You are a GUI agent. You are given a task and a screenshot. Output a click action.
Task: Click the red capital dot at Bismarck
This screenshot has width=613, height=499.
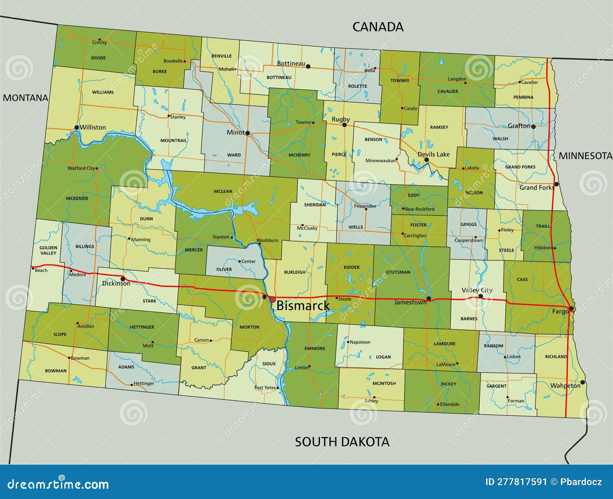pos(272,299)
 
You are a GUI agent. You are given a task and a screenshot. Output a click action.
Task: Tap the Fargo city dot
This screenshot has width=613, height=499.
pos(571,308)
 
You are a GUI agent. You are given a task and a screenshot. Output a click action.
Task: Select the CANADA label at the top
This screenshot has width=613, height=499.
pos(378,27)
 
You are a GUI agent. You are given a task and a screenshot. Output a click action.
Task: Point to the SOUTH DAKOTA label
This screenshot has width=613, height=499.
pos(342,442)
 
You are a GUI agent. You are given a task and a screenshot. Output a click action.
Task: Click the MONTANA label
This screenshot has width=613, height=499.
pos(25,98)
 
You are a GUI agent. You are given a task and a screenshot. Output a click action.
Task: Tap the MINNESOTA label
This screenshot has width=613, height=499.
pos(585,156)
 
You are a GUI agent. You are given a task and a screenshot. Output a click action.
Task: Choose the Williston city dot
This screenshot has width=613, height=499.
pos(77,127)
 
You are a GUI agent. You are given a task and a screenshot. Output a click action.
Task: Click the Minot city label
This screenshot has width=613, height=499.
pos(235,132)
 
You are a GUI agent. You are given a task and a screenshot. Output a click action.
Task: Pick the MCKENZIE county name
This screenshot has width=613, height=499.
pos(77,198)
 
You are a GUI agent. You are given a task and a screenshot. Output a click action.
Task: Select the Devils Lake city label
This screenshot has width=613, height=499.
pos(433,154)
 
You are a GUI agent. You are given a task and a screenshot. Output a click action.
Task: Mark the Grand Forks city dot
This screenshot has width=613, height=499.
pos(556,184)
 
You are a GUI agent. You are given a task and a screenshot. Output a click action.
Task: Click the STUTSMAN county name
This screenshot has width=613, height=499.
pos(398,272)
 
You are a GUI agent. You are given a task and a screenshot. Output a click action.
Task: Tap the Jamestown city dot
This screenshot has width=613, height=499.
pos(429,298)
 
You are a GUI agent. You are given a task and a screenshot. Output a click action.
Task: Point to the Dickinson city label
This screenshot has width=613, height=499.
pos(116,284)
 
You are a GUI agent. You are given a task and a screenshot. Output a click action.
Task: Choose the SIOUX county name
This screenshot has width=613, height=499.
pos(269,364)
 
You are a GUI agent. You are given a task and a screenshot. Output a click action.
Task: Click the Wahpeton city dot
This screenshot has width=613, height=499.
pos(582,382)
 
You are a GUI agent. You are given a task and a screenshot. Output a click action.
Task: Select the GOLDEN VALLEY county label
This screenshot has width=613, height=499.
pos(48,250)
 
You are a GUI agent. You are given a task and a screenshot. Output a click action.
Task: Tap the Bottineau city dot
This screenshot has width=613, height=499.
pos(308,66)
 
